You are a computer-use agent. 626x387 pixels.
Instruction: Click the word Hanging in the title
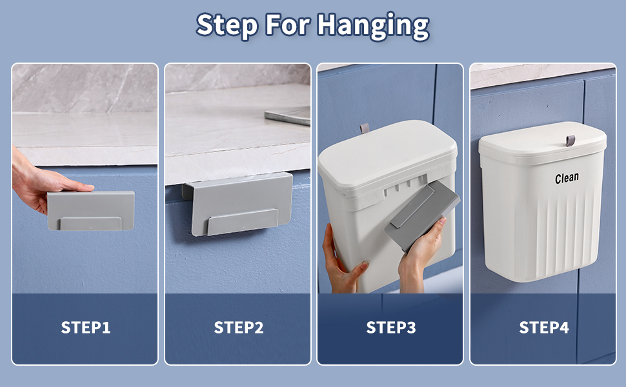coord(372,26)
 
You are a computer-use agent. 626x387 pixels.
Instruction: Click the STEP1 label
coord(85,328)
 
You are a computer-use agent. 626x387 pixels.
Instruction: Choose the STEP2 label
coord(238,328)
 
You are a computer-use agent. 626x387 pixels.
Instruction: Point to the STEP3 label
coord(390,328)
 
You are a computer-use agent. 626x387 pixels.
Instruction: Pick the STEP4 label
coord(543,328)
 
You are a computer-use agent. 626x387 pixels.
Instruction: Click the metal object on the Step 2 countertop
coord(288,117)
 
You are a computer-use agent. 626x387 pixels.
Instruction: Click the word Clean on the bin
coord(567,177)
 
